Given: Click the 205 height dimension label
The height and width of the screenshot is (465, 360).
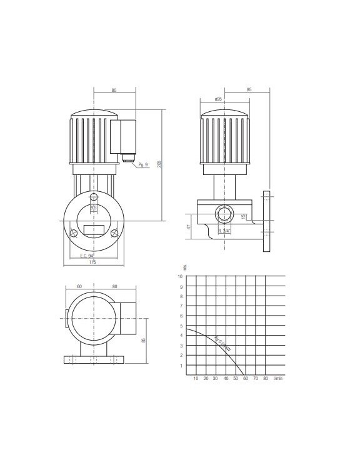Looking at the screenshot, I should click(160, 164).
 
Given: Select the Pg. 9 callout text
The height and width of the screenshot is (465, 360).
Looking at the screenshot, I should click(142, 165).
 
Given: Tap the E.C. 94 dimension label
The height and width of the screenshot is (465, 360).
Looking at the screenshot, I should click(86, 256).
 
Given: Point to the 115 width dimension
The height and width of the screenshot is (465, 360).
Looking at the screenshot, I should click(92, 262).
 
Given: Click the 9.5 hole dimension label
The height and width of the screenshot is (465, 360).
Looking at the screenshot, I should click(94, 207).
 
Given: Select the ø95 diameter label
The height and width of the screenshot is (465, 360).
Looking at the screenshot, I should click(218, 99).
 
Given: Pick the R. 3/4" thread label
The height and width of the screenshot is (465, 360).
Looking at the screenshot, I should click(224, 231).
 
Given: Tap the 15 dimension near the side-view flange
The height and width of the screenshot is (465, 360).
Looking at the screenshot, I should click(243, 216).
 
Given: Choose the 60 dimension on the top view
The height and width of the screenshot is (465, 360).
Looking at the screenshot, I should click(79, 286).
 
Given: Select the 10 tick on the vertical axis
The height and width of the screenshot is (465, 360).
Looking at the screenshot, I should click(180, 276).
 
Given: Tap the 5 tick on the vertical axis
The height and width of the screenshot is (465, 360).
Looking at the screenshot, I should click(180, 326).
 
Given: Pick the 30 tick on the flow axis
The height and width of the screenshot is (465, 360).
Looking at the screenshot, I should click(215, 379).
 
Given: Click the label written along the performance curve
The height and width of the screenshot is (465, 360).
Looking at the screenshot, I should click(222, 346).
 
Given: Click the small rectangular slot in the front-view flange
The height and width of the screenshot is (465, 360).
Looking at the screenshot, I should click(94, 230).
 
